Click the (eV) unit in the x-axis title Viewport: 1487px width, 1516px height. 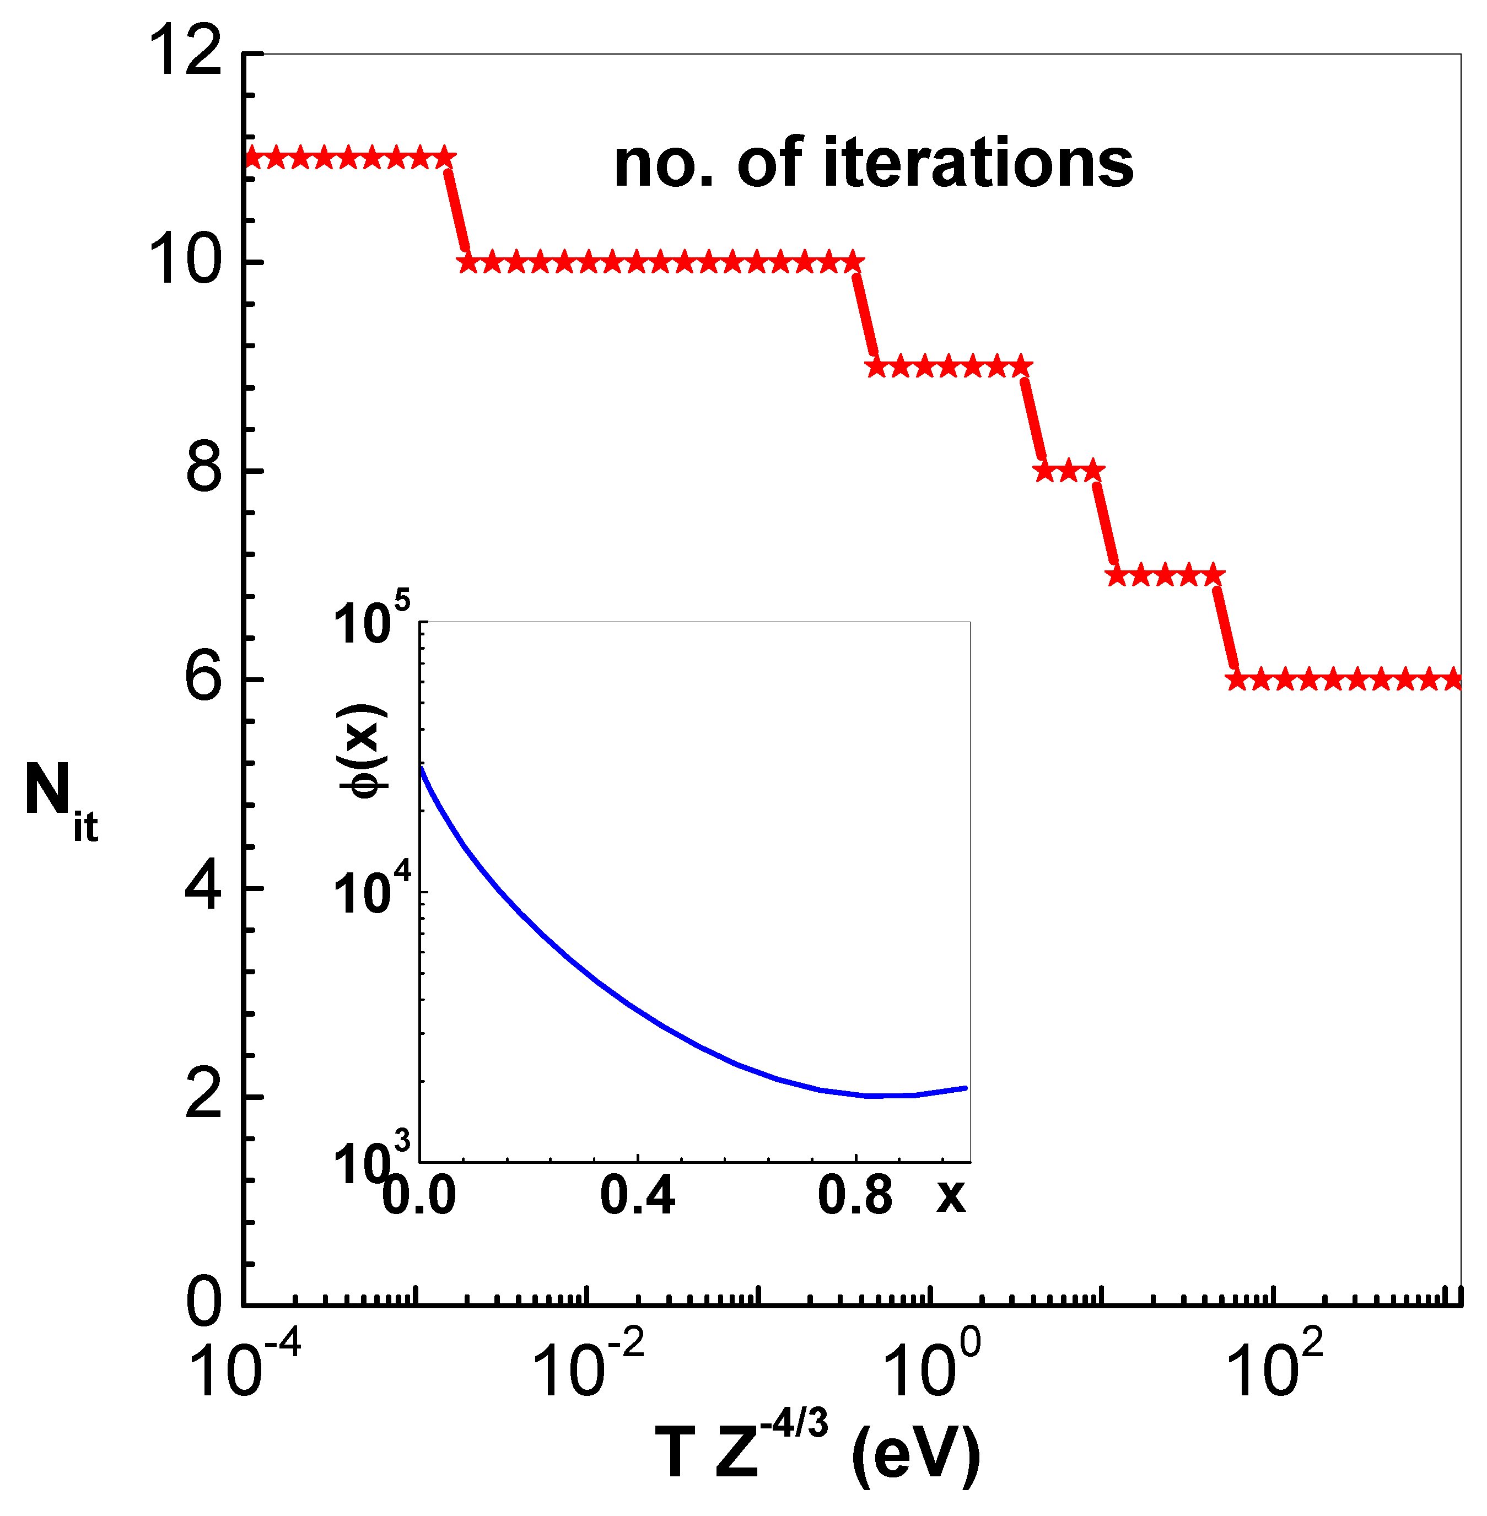pos(915,1454)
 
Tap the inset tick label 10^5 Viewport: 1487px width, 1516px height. pos(371,623)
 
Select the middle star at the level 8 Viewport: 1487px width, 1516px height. pos(1068,471)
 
